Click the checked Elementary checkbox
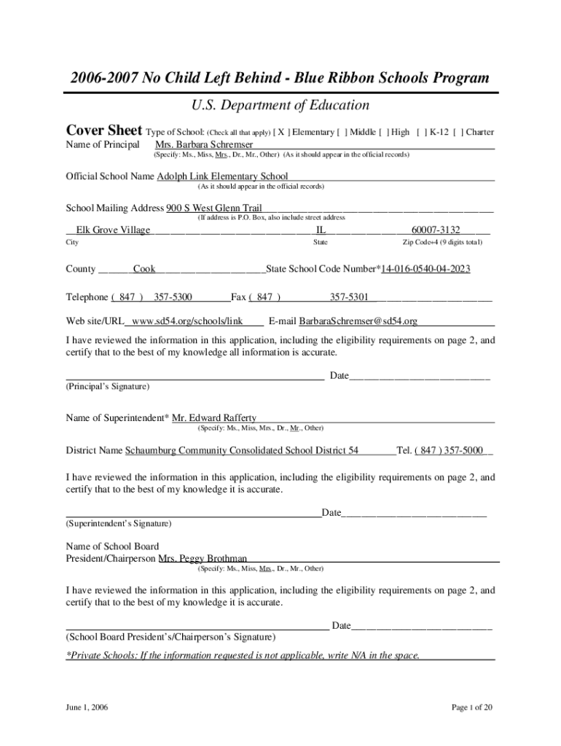point(280,133)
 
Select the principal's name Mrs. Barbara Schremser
point(205,146)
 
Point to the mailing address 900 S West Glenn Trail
point(214,208)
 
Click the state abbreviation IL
point(321,230)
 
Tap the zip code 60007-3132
point(436,230)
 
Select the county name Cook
point(144,270)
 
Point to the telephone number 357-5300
point(173,297)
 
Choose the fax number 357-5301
point(349,297)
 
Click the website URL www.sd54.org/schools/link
point(187,321)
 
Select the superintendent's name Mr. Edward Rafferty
point(214,418)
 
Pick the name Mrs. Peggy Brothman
point(203,559)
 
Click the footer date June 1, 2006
point(87,707)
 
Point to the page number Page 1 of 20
point(474,707)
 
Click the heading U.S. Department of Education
point(280,106)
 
